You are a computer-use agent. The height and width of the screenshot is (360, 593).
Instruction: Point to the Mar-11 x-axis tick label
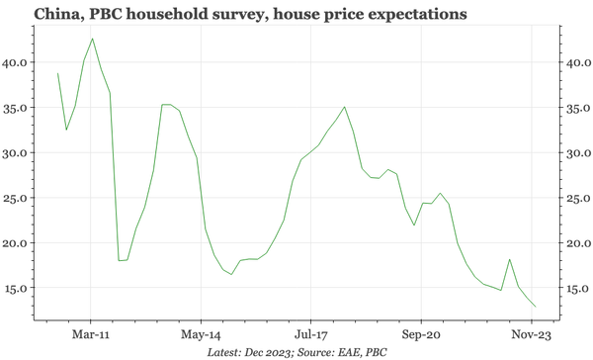(x=91, y=334)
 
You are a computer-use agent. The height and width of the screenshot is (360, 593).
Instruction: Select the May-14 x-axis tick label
(x=201, y=334)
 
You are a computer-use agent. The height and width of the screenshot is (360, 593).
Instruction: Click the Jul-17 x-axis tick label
(x=311, y=334)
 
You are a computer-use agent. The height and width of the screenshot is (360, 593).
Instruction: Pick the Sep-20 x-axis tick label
(x=421, y=334)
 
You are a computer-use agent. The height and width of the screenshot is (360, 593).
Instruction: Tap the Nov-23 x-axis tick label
(x=532, y=334)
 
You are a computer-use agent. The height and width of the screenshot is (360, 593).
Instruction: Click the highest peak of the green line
(x=92, y=39)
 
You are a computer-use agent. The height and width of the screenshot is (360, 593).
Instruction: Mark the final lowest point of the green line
(x=537, y=307)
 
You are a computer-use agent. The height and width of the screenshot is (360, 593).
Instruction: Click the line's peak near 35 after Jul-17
(x=344, y=107)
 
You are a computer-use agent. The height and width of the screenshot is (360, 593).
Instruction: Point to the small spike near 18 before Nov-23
(x=509, y=259)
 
